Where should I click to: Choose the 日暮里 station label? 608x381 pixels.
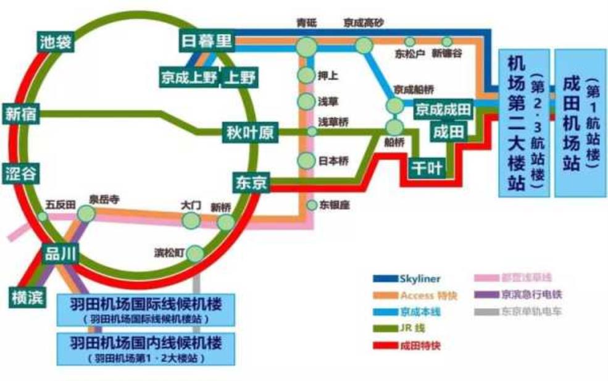(206, 41)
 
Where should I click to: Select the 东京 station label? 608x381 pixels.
(251, 183)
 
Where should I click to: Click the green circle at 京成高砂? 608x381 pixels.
(364, 45)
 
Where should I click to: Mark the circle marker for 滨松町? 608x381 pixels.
(195, 253)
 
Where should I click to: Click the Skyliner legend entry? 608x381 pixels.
(410, 279)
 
